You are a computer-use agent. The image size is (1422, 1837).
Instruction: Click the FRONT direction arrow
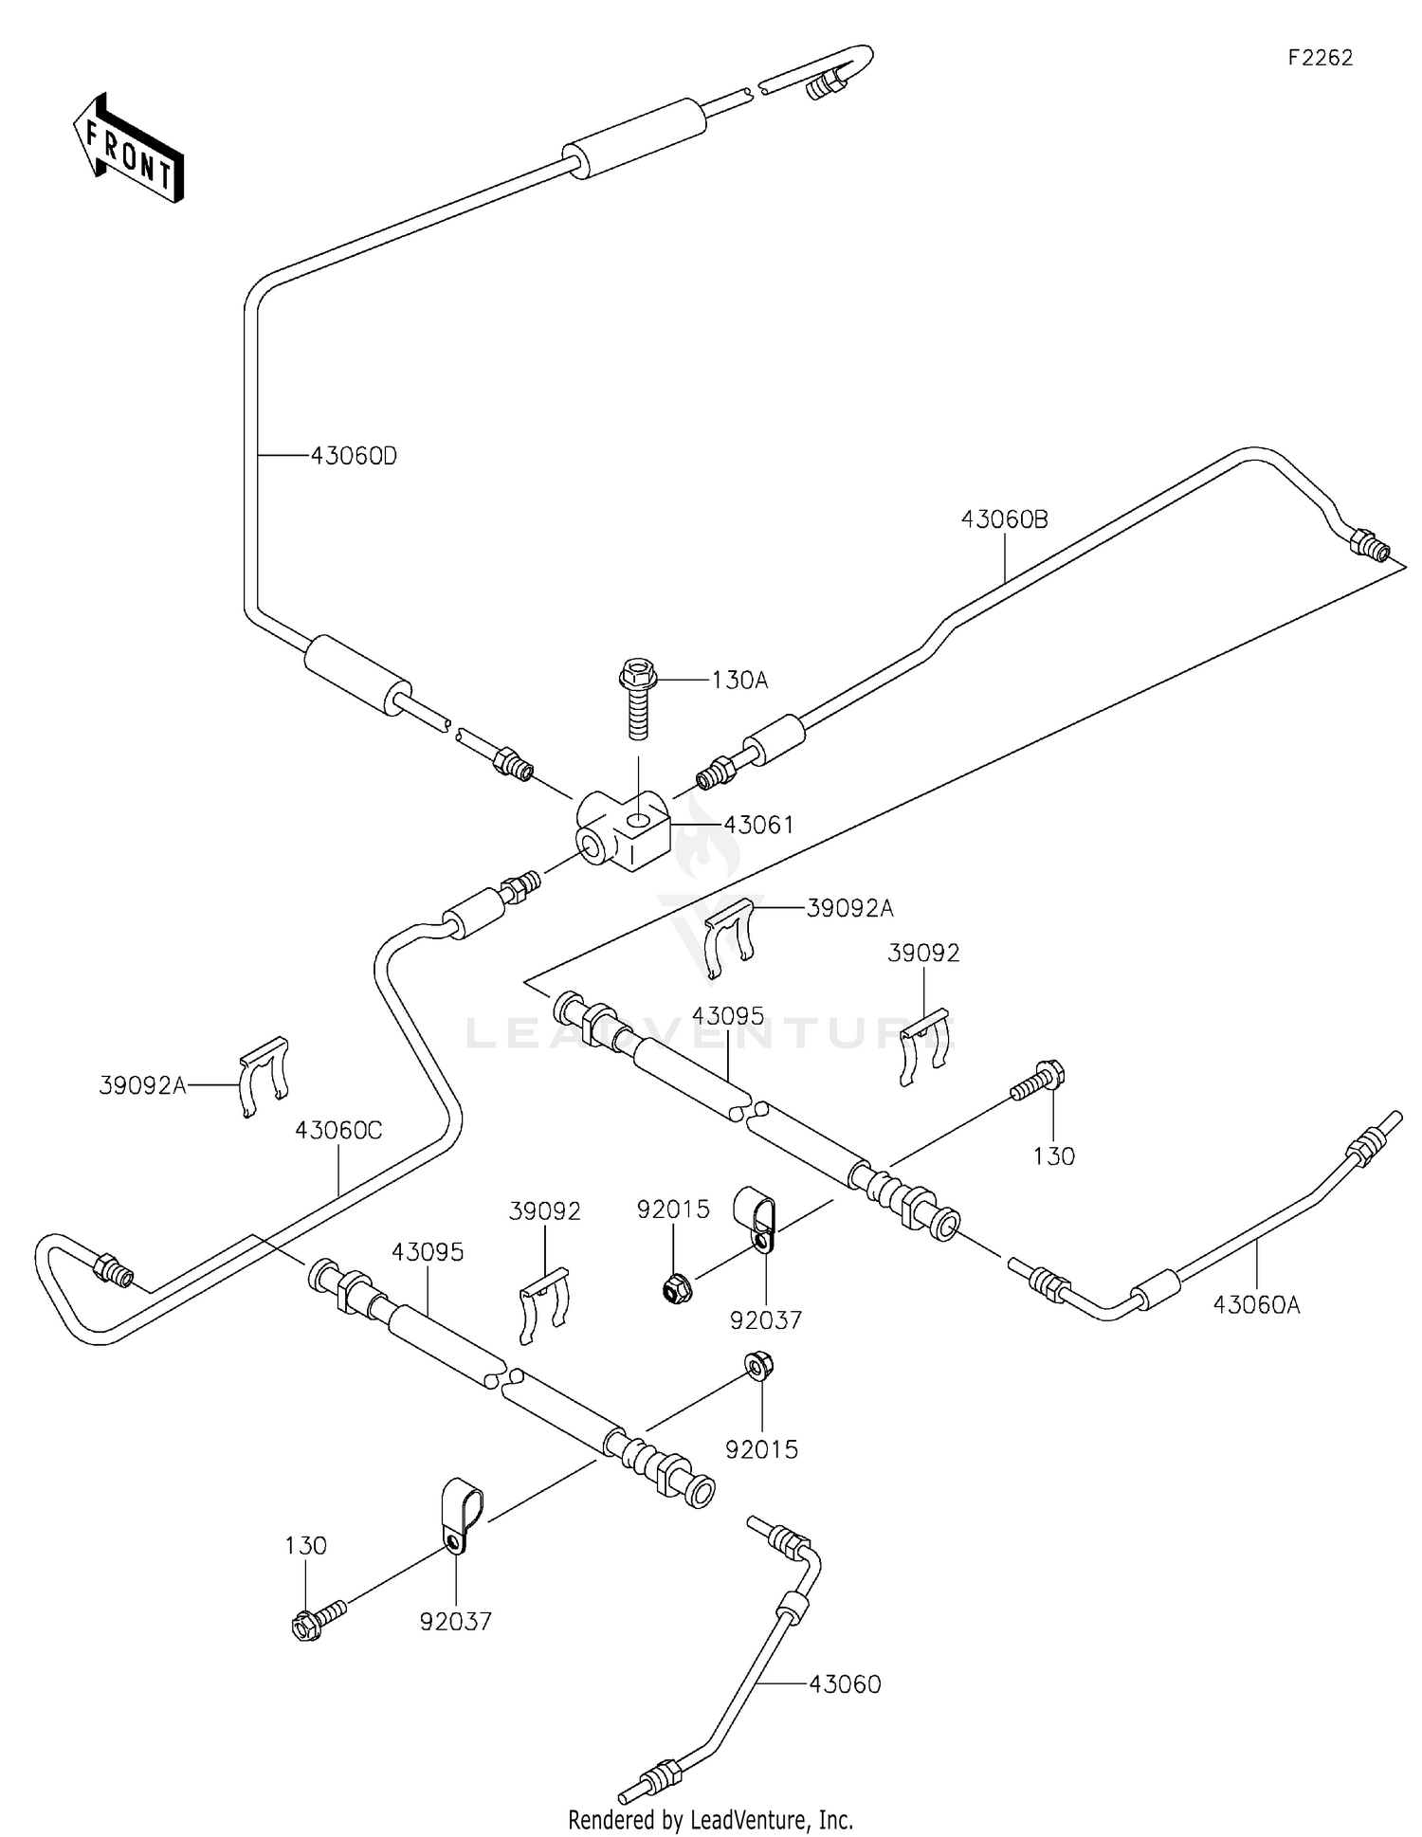click(x=128, y=150)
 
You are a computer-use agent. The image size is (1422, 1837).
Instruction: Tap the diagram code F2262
click(x=1320, y=58)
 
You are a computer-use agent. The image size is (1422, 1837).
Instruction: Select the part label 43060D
click(x=354, y=457)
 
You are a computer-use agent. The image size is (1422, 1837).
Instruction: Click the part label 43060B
click(x=1004, y=519)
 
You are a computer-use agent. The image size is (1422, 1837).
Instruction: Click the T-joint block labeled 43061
click(x=623, y=831)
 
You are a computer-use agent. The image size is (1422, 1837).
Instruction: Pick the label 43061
click(x=758, y=825)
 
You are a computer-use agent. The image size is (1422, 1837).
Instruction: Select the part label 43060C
click(x=338, y=1131)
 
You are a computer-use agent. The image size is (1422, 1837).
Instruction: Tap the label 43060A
click(x=1256, y=1305)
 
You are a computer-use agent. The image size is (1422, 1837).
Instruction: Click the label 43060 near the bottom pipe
click(x=845, y=1684)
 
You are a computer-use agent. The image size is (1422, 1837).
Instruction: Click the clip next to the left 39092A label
click(x=263, y=1076)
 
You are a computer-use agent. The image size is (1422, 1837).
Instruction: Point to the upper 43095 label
click(x=727, y=1016)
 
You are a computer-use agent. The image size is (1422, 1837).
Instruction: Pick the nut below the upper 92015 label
click(x=676, y=1288)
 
